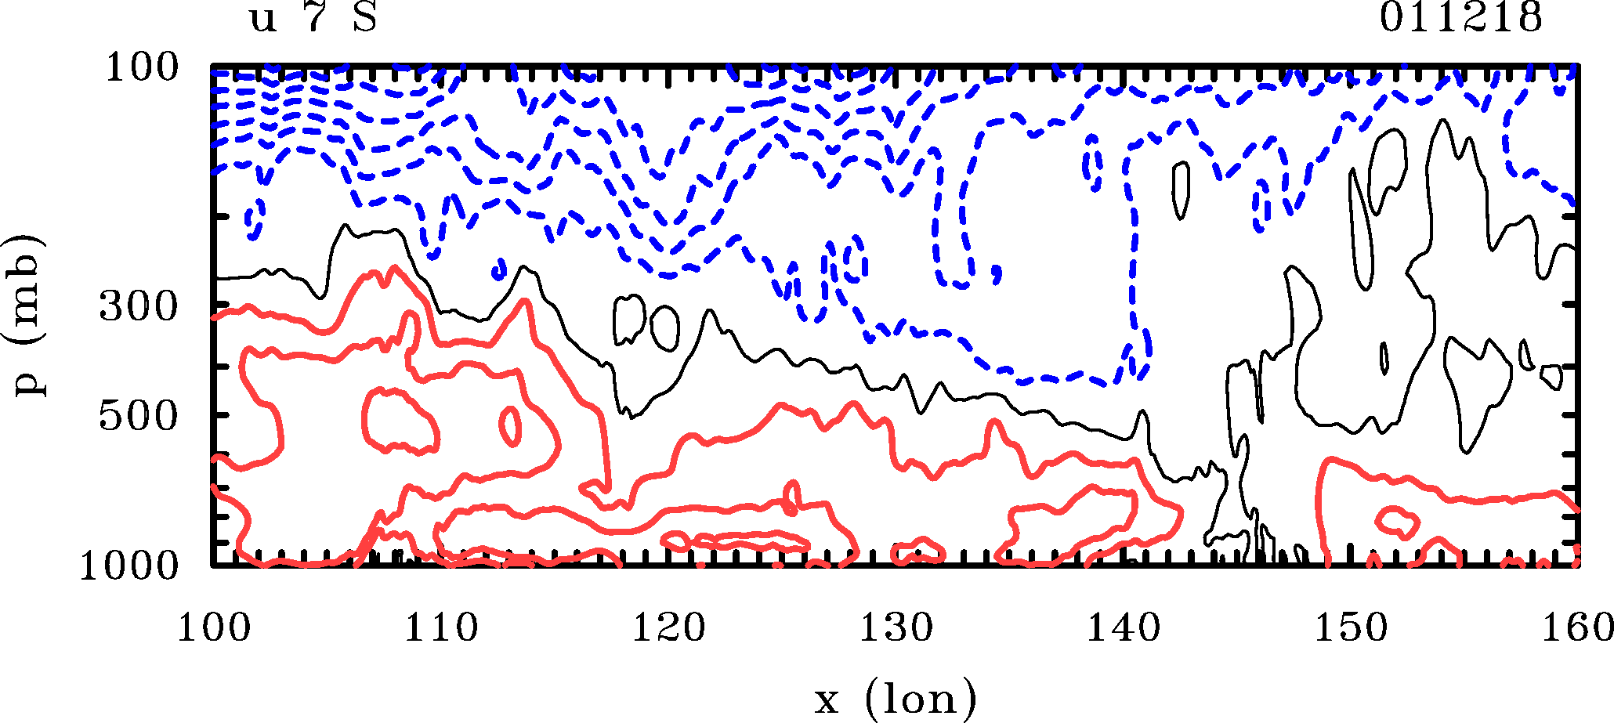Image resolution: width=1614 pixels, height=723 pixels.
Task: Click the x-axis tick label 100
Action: coord(213,628)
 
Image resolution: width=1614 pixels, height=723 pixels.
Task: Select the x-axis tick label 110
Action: coord(440,628)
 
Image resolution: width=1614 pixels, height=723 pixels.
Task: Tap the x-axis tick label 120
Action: coord(668,628)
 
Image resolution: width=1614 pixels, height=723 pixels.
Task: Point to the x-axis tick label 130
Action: coord(896,628)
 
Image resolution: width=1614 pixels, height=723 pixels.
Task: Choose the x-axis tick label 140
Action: coord(1124,628)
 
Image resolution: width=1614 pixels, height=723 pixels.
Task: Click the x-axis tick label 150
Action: coord(1351,628)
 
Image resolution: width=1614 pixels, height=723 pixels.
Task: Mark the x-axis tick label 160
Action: coord(1576,628)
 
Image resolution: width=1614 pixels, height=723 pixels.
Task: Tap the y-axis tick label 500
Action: coord(139,416)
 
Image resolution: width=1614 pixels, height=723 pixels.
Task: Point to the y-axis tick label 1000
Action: coord(129,566)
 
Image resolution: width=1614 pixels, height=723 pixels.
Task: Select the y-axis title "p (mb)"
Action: coord(28,315)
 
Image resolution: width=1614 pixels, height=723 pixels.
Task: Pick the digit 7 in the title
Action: coord(314,17)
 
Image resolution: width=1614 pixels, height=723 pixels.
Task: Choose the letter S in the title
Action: coord(365,17)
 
